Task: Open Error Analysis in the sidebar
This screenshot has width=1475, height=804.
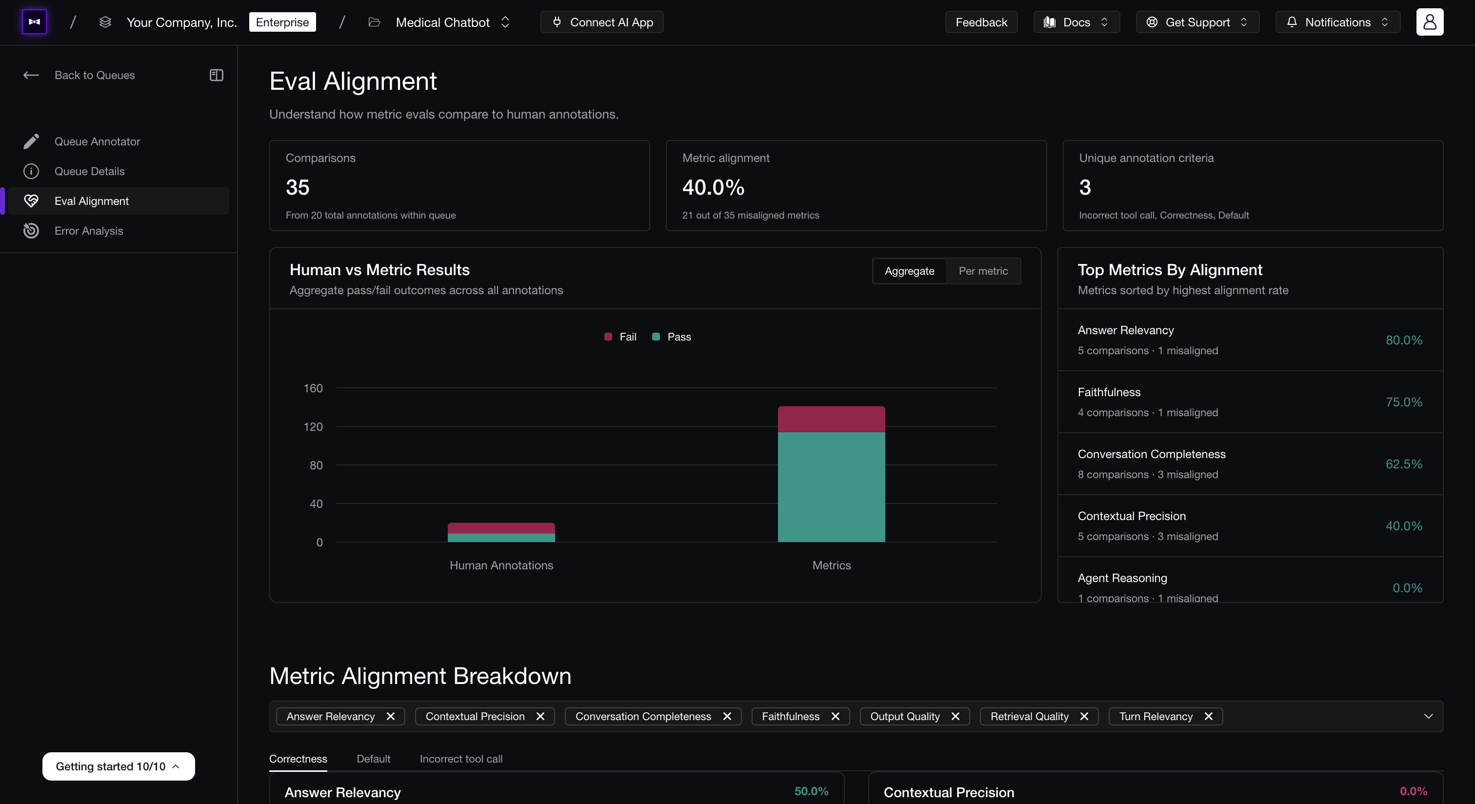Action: pos(88,231)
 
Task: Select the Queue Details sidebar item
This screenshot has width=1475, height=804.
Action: pos(89,171)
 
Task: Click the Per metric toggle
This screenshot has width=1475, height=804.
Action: pos(983,271)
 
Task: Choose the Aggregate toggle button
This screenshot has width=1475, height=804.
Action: pos(909,271)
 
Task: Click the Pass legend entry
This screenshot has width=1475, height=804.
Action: pos(672,337)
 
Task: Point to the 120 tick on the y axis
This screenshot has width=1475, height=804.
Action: pos(313,426)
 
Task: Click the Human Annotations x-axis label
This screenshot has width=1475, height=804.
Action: pos(501,565)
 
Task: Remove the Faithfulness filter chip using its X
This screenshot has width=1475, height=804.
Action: pos(836,716)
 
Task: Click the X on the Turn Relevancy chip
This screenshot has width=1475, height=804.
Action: pos(1209,716)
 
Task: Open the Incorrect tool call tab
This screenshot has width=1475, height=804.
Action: pos(461,759)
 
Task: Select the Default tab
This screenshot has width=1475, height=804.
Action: pos(373,759)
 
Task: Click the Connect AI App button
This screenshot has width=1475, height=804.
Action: pos(602,22)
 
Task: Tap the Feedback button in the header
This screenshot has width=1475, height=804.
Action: pos(981,22)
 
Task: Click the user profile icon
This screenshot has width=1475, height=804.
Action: pos(1430,22)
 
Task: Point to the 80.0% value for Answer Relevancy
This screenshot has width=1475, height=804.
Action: pos(1404,340)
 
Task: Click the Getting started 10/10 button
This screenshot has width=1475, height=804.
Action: pos(119,766)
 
